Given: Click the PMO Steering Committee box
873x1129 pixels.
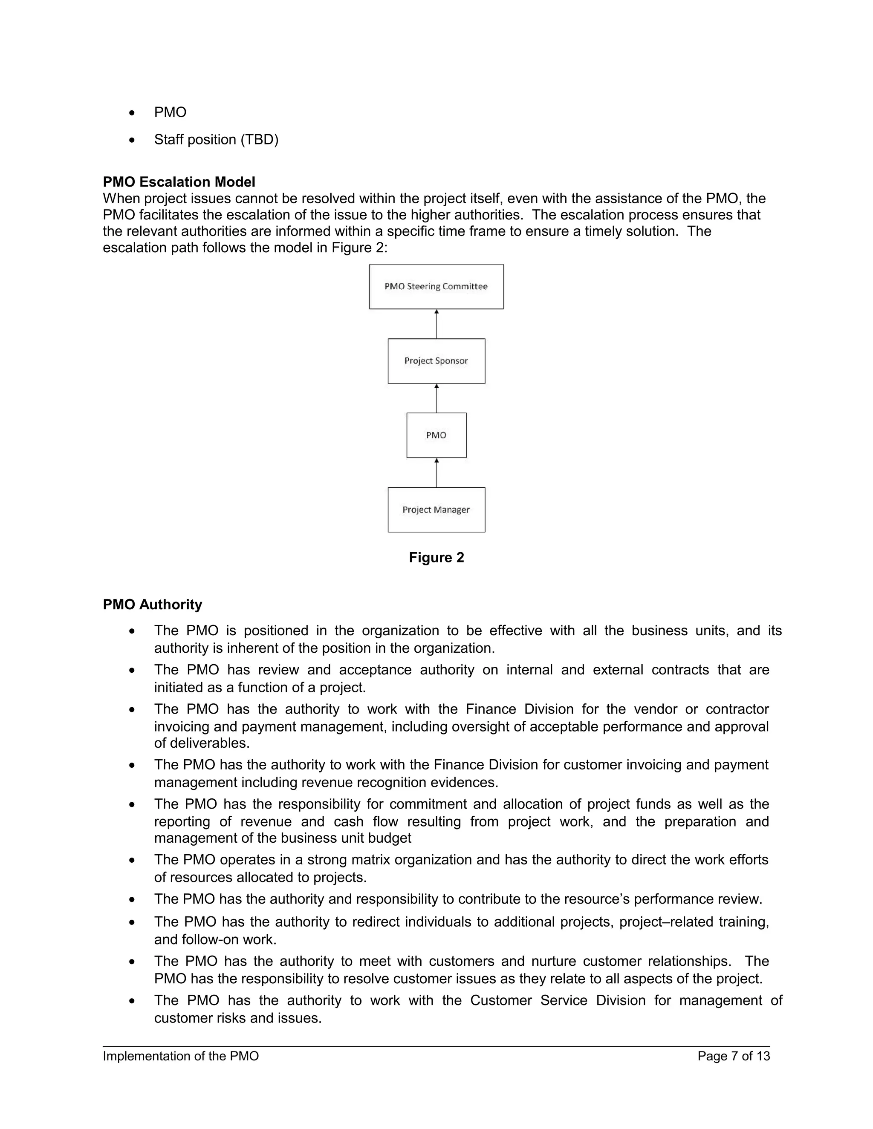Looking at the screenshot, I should click(436, 286).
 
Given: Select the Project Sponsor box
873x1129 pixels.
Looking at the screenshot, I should click(436, 361).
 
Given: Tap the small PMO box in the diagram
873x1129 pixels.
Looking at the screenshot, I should click(436, 435).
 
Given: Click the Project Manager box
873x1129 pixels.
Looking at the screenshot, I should click(436, 510).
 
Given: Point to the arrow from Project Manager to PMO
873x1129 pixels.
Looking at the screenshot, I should click(436, 472).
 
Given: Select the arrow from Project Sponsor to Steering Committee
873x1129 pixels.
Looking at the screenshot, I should click(436, 324).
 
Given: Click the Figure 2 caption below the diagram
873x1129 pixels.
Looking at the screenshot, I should click(436, 557).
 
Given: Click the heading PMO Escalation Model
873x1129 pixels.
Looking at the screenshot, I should click(179, 182).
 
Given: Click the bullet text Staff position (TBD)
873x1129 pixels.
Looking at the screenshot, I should click(216, 140).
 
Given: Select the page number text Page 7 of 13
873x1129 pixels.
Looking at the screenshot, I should click(733, 1056).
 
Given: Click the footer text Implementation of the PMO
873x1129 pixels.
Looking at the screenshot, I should click(180, 1056).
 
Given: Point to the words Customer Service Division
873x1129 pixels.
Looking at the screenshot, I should click(558, 1000).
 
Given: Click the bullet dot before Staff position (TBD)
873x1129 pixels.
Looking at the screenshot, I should click(133, 140).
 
